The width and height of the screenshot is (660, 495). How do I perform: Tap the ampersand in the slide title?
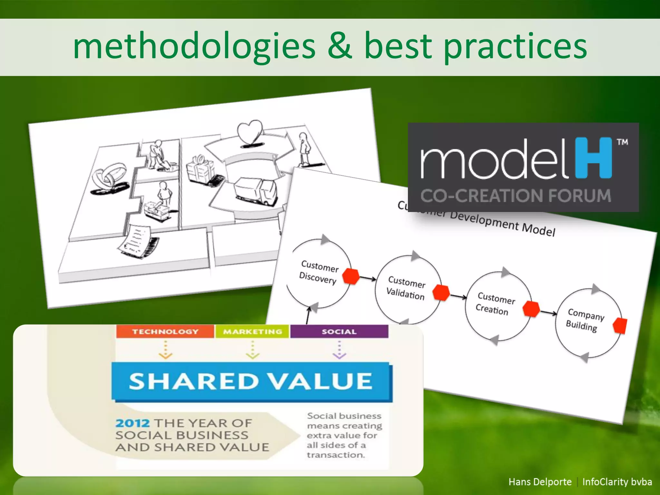[340, 47]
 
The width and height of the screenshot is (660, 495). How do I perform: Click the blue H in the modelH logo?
[594, 158]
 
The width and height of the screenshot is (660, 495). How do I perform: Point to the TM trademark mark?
[623, 142]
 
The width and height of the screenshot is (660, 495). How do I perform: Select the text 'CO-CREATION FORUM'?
[516, 196]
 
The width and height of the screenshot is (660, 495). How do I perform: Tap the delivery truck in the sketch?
[256, 190]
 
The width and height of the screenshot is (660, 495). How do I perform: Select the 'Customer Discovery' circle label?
[319, 272]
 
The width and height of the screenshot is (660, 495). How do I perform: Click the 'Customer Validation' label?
[406, 288]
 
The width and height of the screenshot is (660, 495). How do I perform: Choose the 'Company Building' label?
[585, 320]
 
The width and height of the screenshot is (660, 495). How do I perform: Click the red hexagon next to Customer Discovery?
[351, 276]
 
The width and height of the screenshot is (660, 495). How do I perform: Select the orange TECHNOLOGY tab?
[165, 332]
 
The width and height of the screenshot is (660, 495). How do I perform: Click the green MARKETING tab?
[252, 332]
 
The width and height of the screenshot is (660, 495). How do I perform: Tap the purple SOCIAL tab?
[339, 332]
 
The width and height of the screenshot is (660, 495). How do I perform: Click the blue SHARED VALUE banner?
[251, 382]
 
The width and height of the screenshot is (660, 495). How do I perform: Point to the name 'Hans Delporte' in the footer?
[540, 482]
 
